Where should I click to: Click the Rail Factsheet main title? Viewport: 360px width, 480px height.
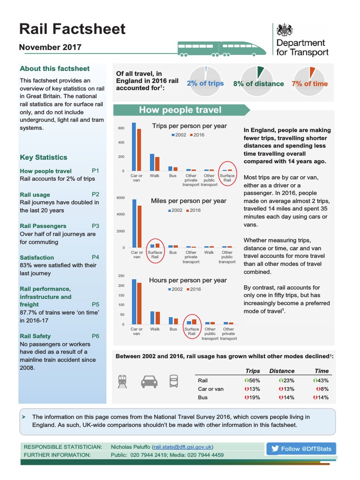[x=72, y=29]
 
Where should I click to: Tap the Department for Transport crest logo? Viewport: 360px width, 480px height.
[x=284, y=30]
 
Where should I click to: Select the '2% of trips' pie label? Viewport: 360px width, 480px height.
[x=205, y=83]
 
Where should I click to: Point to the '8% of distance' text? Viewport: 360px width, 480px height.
[x=258, y=84]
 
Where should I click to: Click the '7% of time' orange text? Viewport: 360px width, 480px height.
[x=310, y=84]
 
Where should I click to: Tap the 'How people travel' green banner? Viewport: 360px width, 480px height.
[x=180, y=110]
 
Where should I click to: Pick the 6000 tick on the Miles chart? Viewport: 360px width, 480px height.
[x=120, y=198]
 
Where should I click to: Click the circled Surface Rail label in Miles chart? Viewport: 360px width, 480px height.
[x=155, y=255]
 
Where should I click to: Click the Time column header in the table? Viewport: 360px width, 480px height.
[x=321, y=371]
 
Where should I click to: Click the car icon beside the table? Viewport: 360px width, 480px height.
[x=149, y=382]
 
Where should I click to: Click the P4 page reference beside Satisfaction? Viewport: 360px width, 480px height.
[x=95, y=257]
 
